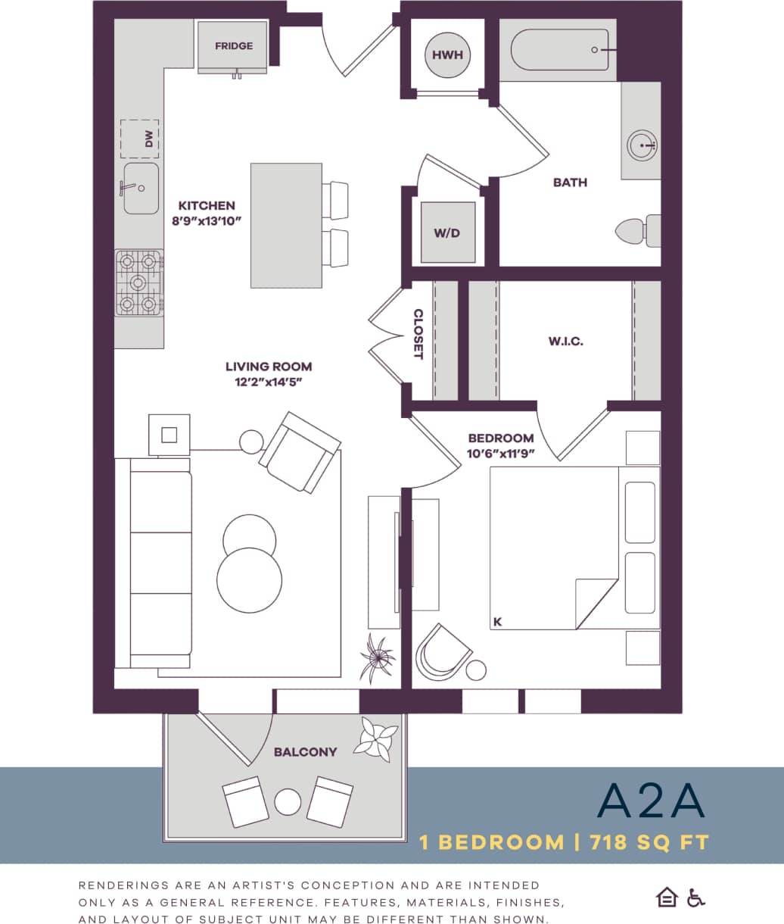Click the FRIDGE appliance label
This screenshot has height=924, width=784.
coord(234,46)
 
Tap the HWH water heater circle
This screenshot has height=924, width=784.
coord(447,55)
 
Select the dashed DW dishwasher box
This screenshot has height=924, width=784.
coord(140,139)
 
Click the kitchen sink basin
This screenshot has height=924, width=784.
coord(142,188)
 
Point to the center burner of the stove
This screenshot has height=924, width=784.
coord(138,283)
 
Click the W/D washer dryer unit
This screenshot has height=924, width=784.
coord(447,233)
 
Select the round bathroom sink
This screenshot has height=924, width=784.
coord(642,144)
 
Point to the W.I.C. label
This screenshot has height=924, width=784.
coord(566,342)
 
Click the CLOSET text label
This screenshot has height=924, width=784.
coord(418,334)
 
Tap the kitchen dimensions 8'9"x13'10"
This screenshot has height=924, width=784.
coord(207,220)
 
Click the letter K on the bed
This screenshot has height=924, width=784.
coord(498,622)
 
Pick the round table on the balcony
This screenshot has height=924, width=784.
coord(288,801)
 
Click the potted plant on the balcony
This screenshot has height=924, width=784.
coord(377,739)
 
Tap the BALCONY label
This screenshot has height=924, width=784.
coord(305,752)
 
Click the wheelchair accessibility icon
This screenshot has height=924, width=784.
coord(695,897)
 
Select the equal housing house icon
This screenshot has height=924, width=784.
coord(667,897)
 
